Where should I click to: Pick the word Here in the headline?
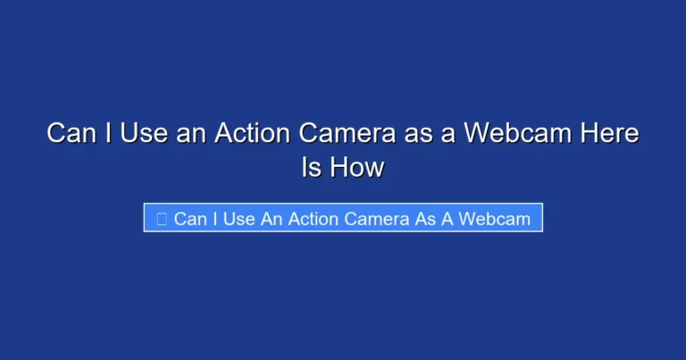607,135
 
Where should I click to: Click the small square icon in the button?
162,219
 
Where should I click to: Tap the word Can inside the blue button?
189,219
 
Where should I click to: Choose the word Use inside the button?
238,219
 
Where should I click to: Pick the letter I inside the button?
214,219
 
